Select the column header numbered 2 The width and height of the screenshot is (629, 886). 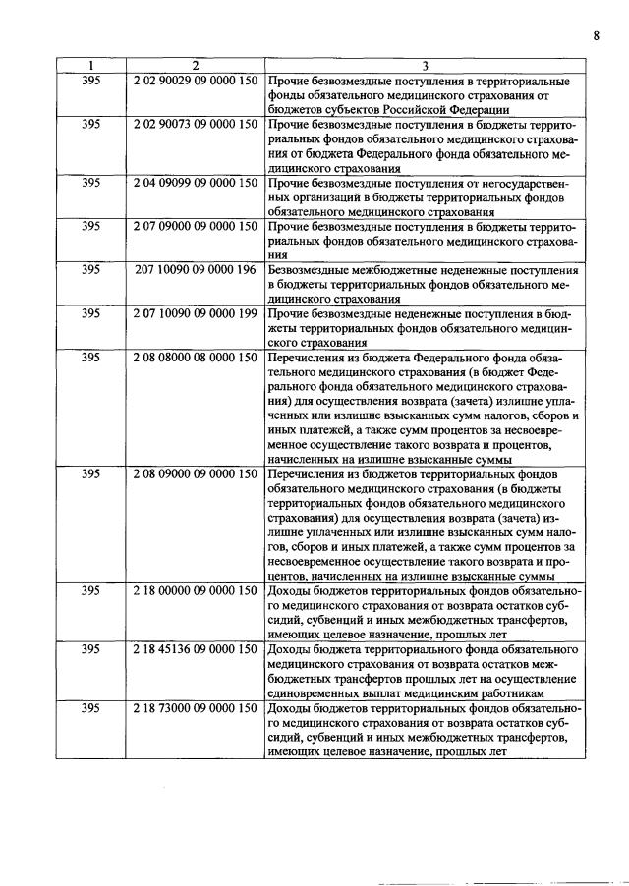coord(195,66)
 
